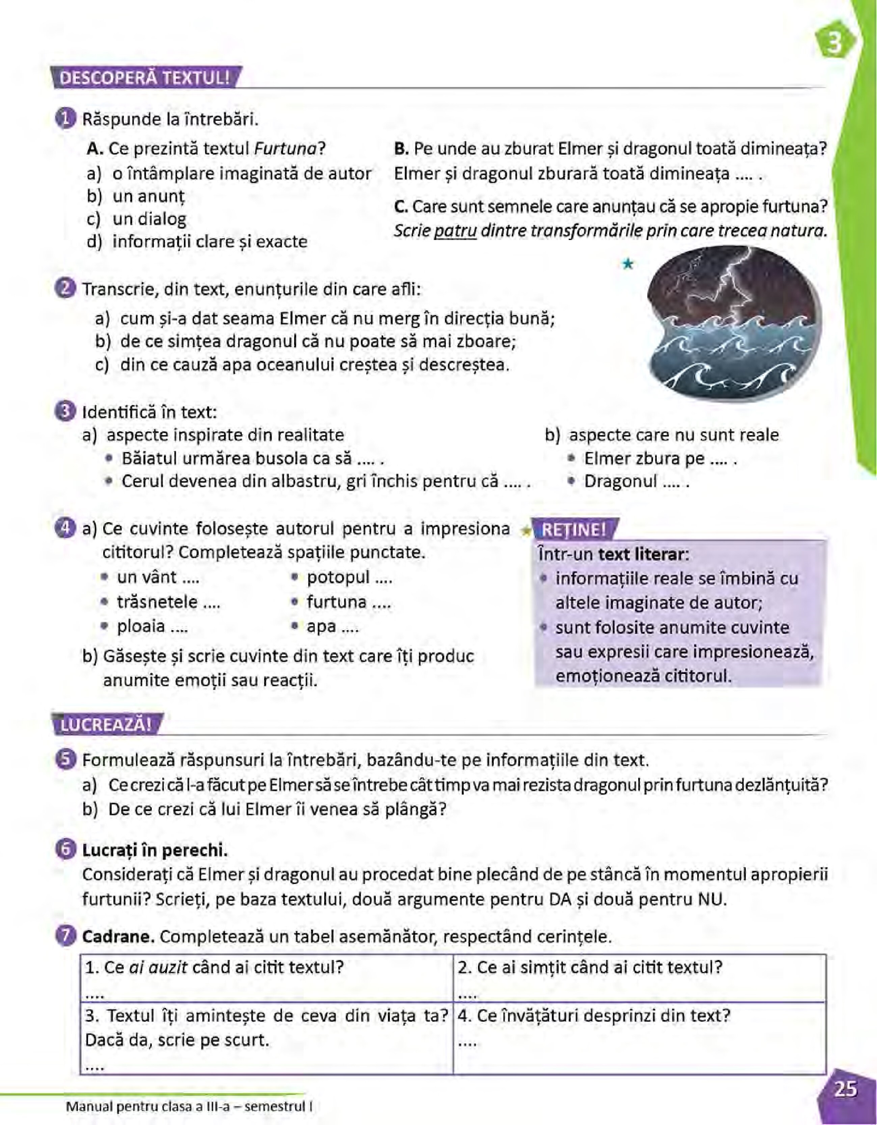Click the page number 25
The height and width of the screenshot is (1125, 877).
coord(846,1089)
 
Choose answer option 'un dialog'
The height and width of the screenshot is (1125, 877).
coord(149,219)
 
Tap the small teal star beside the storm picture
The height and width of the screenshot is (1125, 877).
coord(627,264)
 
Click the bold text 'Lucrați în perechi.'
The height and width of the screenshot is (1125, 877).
coord(155,851)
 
